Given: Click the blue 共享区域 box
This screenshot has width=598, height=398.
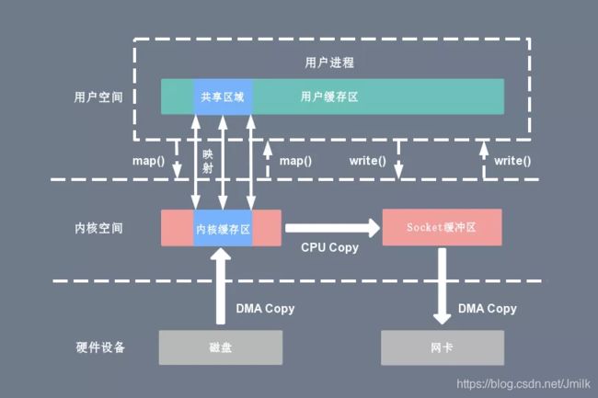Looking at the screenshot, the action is point(223,97).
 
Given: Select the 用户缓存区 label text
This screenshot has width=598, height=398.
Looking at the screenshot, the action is point(329,97).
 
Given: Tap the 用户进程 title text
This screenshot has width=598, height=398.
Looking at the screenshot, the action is point(329,63).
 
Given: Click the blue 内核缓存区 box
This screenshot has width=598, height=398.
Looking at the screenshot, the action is point(223,228).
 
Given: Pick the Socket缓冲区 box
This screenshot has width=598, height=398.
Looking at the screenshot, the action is point(442,227).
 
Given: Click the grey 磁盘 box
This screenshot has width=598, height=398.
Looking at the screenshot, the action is point(221,347).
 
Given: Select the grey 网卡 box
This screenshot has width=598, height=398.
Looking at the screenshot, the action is point(443,347).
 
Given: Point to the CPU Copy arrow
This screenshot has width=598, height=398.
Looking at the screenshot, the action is point(332,228).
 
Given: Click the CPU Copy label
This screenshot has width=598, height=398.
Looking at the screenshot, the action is point(330,247).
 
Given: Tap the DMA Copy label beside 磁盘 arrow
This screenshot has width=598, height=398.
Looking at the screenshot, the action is point(265,308).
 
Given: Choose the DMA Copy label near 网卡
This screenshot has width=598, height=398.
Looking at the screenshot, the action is point(488,308).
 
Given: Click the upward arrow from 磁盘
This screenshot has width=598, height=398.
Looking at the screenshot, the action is point(221,286).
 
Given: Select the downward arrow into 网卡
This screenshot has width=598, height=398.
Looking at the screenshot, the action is point(442,286).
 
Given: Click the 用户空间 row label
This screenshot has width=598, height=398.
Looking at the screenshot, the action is point(98,97).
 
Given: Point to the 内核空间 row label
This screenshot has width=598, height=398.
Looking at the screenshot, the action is point(98,228).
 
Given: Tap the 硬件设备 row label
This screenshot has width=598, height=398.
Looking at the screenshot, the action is point(100,347).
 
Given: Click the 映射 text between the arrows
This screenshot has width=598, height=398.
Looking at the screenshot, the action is point(208,161).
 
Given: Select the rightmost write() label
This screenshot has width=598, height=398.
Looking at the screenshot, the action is point(512,161).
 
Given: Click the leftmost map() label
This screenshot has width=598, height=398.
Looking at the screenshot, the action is point(148,161).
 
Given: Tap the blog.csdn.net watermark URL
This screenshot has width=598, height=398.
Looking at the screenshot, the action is point(523,383).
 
